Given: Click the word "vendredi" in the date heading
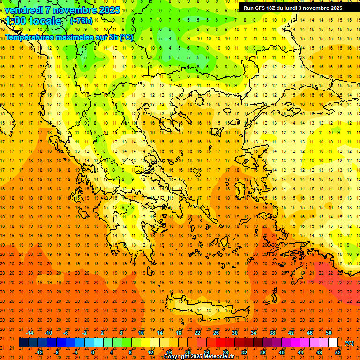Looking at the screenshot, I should pos(24,10).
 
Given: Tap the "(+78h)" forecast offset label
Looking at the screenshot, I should pos(81,21).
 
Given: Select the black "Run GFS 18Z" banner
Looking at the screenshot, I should pos(292,8).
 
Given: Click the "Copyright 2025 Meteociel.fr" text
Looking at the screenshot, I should pos(199,357).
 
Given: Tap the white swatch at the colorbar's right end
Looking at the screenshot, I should pos(333,343).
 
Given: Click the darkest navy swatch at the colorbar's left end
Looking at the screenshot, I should pos(23,343).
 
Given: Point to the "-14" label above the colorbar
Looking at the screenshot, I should pos(30,333).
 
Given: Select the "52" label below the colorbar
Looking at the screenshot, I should pos(338,352).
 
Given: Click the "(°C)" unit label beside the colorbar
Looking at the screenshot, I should pos(349,343).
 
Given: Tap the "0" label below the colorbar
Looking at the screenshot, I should pos(92,352).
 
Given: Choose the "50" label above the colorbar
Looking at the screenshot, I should pos(329,333).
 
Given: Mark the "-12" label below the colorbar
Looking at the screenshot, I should pos(39,352).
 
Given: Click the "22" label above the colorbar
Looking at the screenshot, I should pos(197,333).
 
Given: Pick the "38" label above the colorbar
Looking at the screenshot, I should pos(272,333).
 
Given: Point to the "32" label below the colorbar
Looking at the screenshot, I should pos(244,352).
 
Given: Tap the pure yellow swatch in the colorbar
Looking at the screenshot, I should pos(145,343).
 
